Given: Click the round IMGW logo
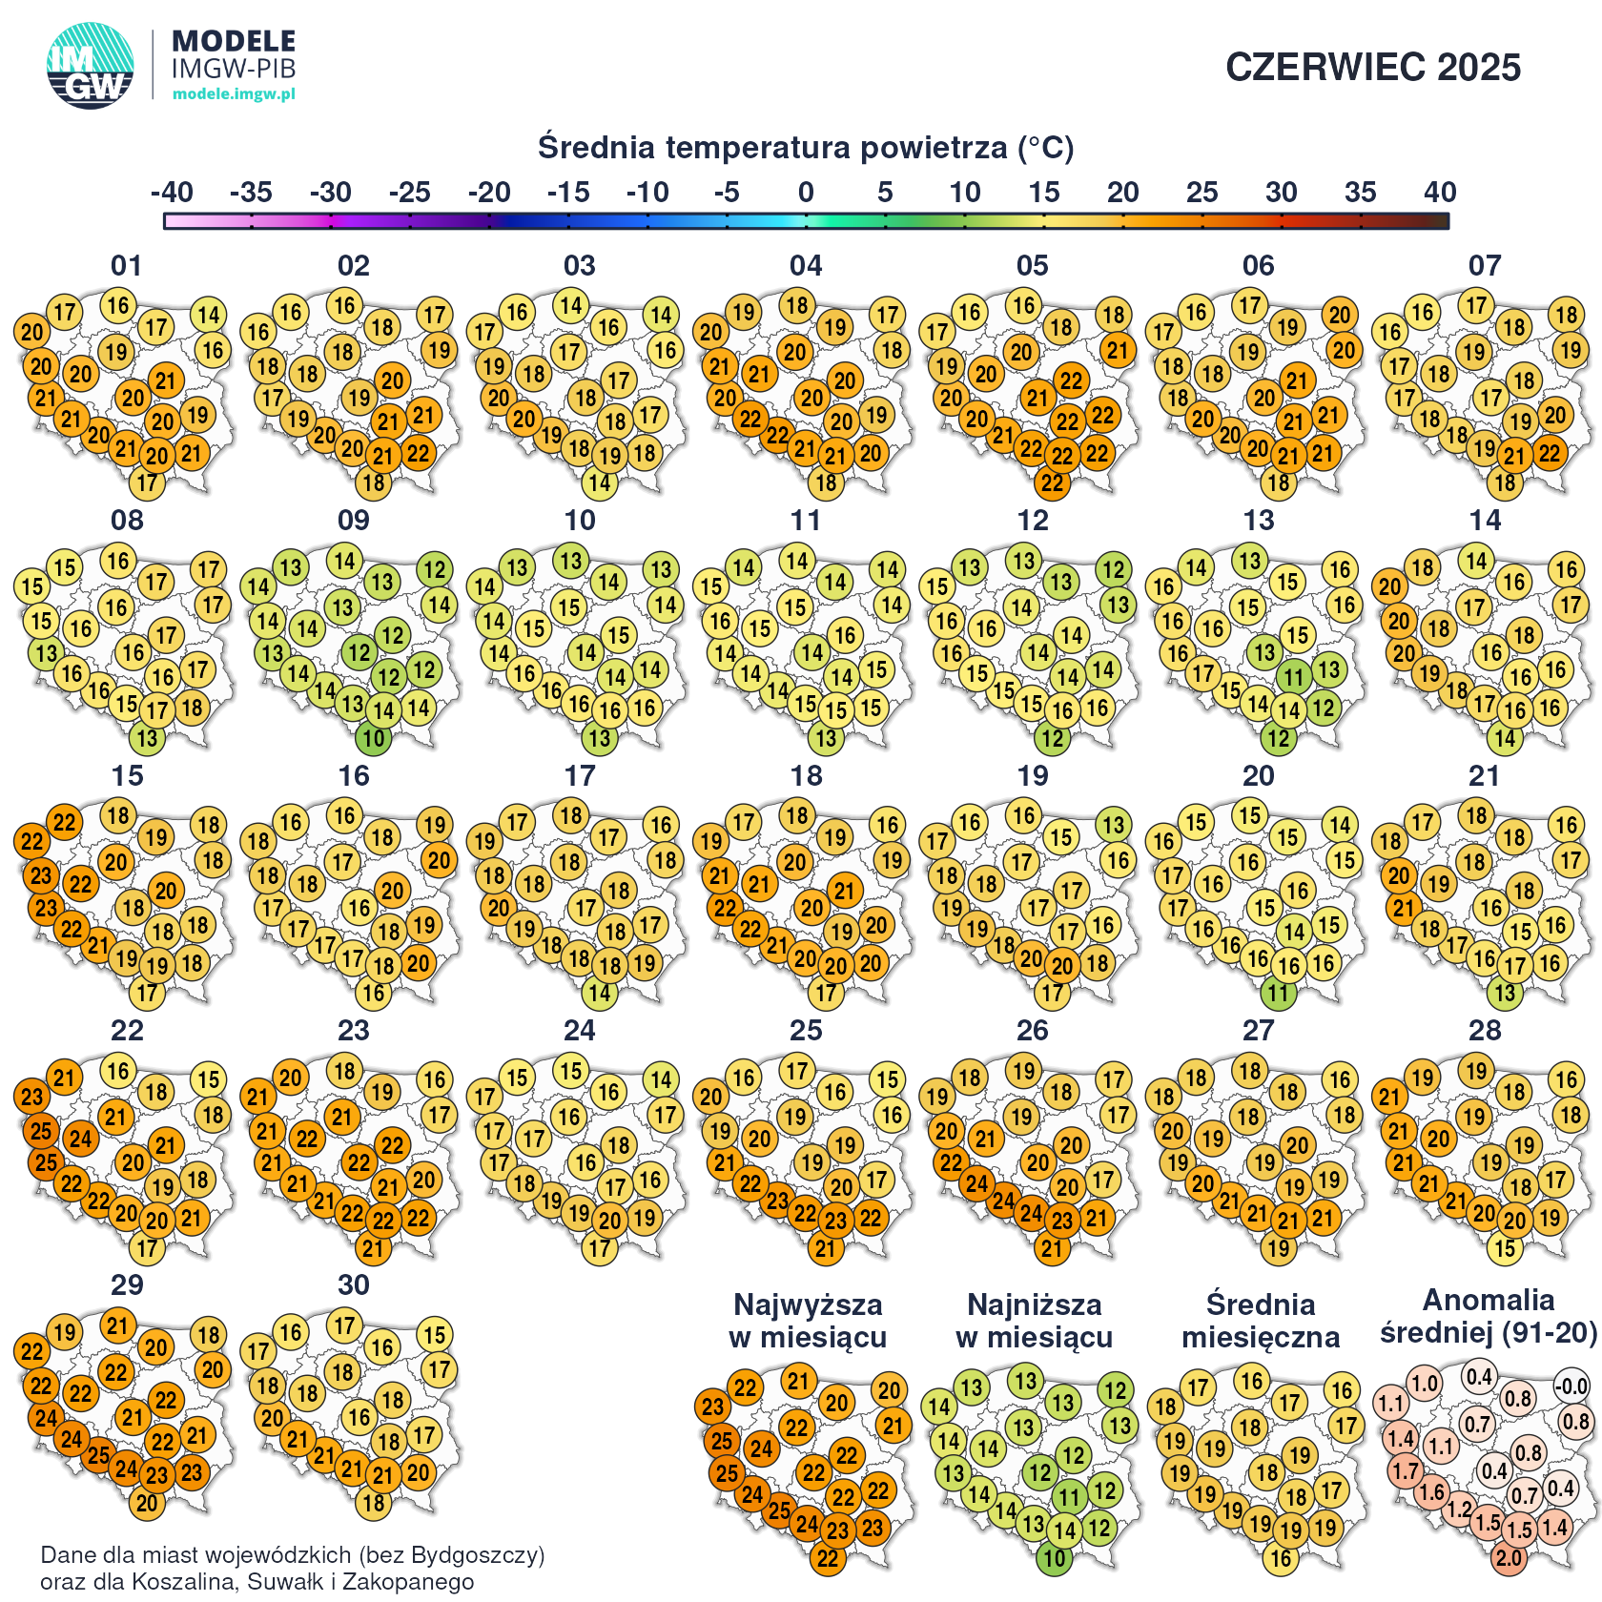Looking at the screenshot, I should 90,66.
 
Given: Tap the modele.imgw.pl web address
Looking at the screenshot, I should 234,93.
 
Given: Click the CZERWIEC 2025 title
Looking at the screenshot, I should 1372,68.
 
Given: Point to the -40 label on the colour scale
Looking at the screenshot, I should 172,193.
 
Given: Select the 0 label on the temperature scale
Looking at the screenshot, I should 806,193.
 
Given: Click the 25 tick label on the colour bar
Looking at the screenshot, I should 1201,193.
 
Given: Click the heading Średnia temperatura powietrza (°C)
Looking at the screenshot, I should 805,148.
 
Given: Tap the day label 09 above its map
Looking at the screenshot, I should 353,521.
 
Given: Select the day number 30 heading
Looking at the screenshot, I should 353,1285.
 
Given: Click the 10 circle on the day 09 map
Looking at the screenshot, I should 373,738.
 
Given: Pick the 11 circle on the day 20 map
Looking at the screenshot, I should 1278,994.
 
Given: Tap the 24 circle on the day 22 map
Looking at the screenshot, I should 81,1138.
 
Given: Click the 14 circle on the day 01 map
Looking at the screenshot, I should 208,315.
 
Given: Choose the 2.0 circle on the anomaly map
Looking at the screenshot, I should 1509,1558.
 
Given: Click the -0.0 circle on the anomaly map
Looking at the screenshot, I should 1571,1386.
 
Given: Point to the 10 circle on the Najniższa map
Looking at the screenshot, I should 1054,1558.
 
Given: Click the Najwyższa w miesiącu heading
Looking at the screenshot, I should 807,1321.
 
